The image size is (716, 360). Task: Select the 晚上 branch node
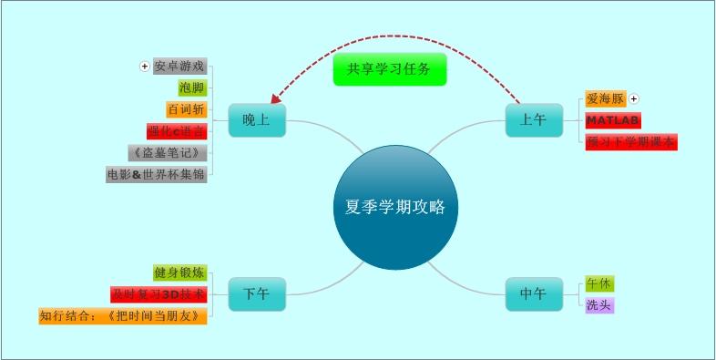tap(256, 120)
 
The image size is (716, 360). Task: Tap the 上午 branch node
tap(533, 120)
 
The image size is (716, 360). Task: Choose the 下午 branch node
tap(256, 294)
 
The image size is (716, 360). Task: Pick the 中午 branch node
tap(533, 294)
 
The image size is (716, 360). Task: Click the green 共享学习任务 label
tap(389, 69)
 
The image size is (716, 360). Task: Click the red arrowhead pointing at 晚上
tap(276, 97)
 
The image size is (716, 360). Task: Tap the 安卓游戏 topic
tap(179, 67)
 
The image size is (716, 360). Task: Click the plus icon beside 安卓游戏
tap(144, 67)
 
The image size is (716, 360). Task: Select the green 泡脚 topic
tap(192, 87)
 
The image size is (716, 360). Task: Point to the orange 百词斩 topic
tap(187, 109)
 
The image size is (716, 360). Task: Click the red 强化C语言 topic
tap(177, 130)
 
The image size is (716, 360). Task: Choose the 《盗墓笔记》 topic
tap(169, 152)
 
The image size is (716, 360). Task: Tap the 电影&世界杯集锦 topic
tap(157, 173)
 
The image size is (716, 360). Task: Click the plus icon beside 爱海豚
tap(635, 98)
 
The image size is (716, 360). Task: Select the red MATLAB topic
tap(613, 120)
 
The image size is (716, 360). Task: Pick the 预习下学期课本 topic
tap(631, 141)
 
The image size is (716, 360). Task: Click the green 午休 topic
tap(599, 283)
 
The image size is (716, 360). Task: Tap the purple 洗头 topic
tap(599, 305)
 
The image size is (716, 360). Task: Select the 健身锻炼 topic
tap(179, 273)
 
